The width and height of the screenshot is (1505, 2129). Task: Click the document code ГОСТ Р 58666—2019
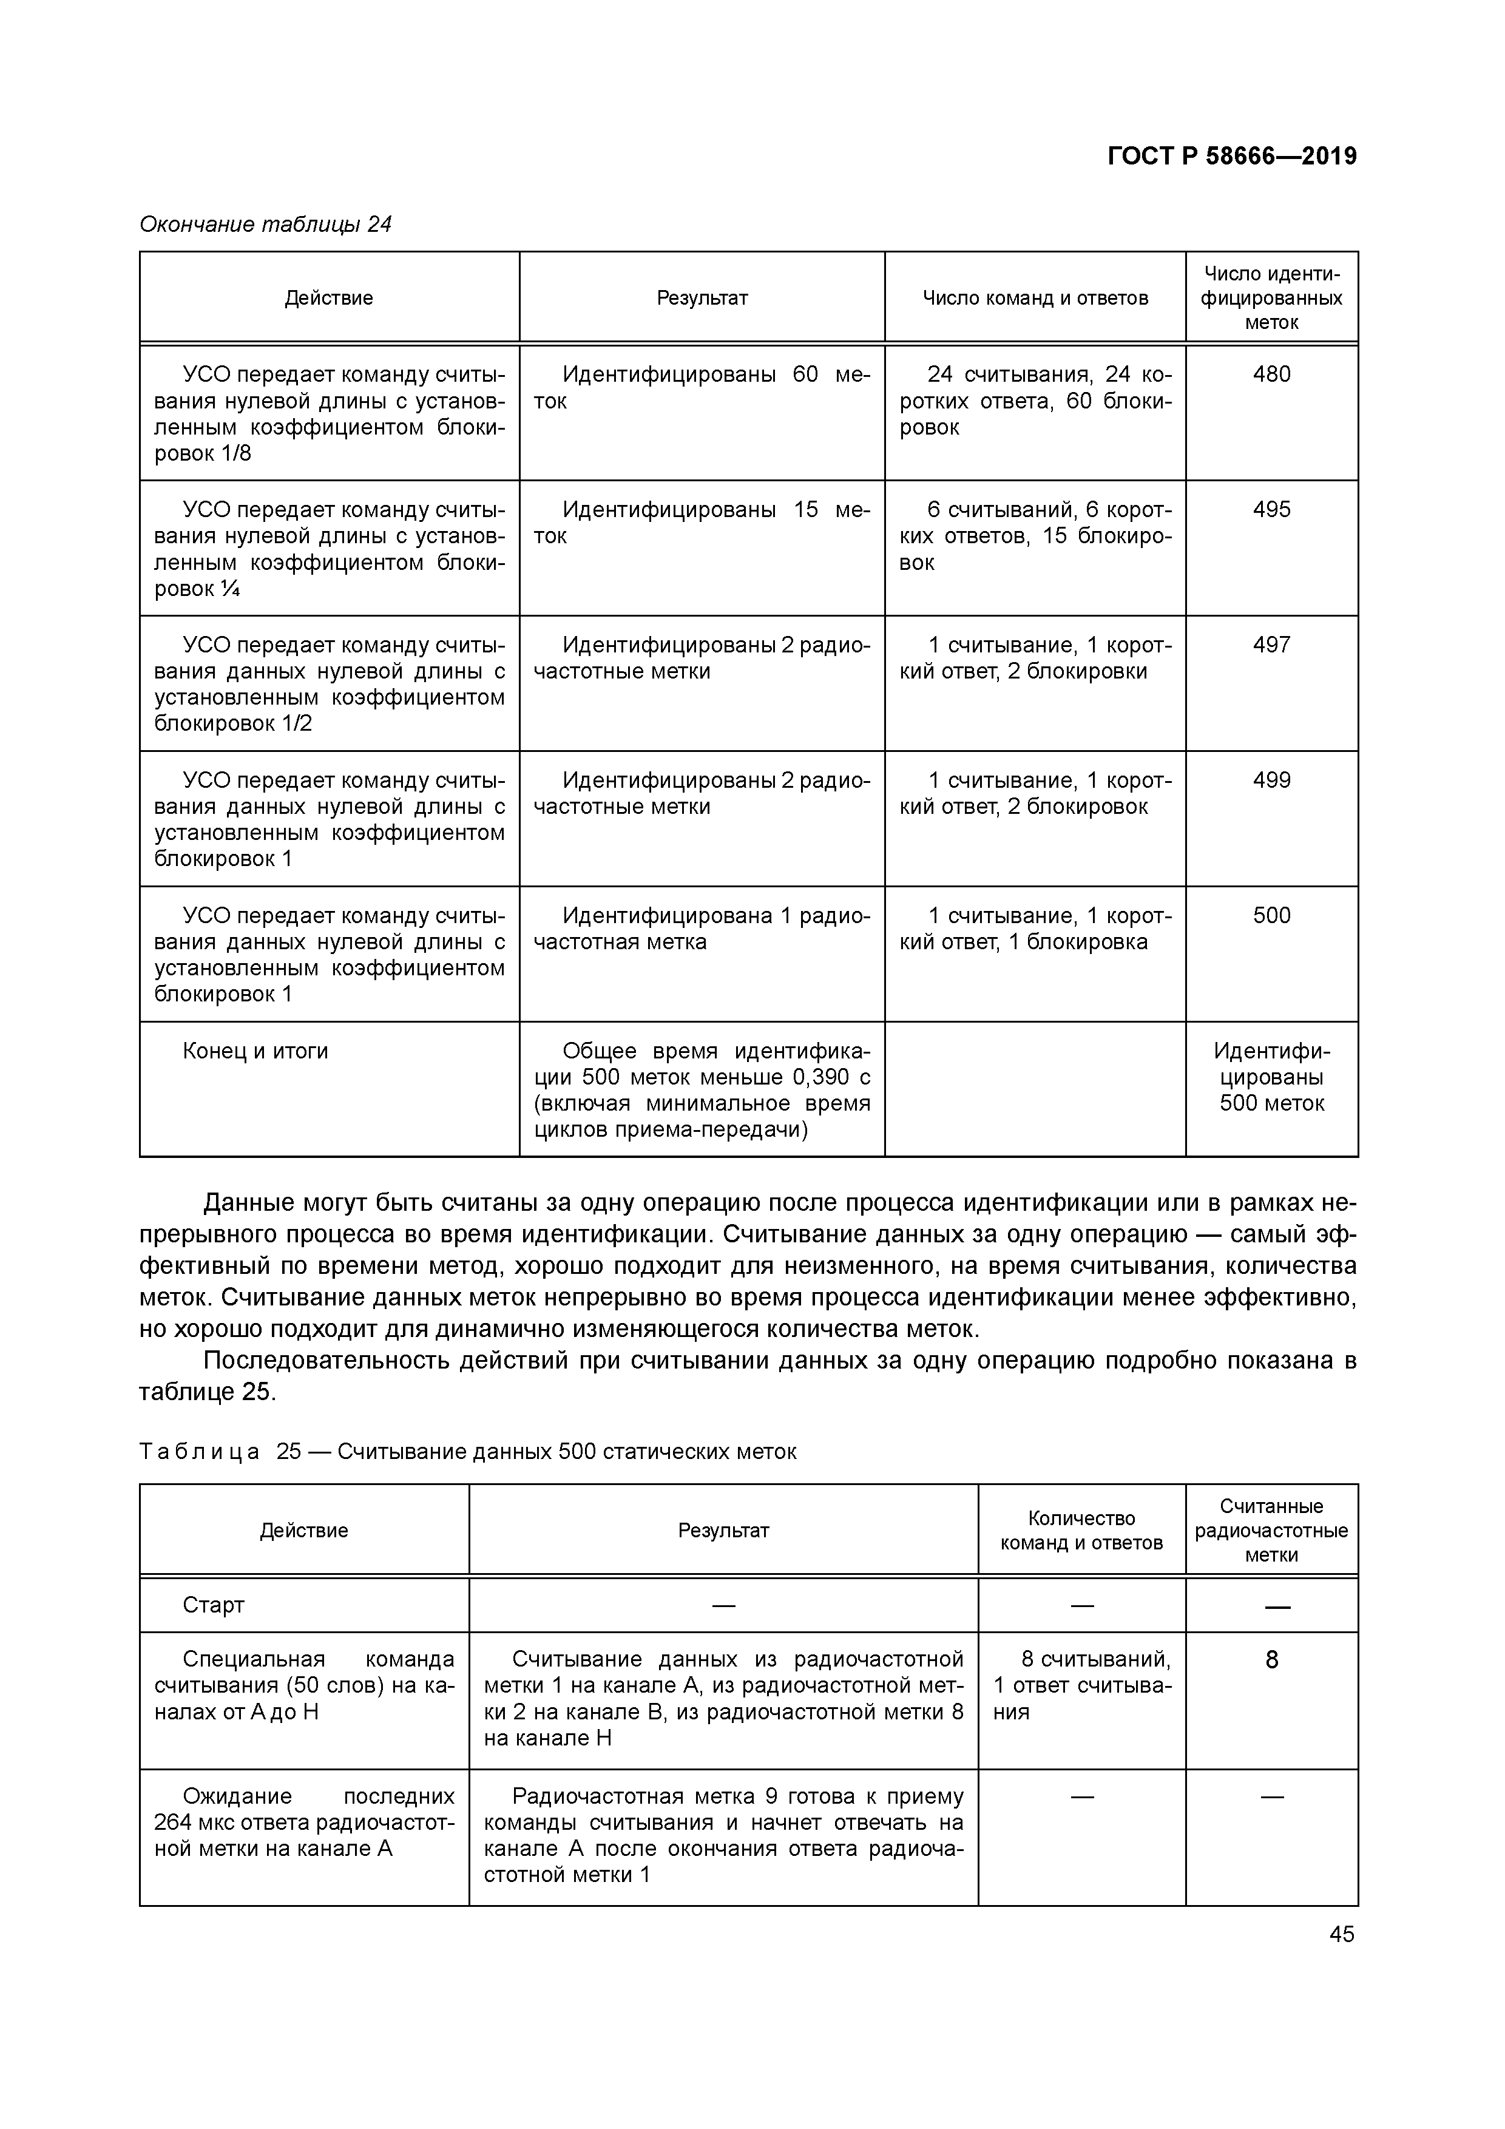(1231, 156)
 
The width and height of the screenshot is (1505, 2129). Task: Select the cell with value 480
(1271, 374)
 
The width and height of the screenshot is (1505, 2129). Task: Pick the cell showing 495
(1271, 510)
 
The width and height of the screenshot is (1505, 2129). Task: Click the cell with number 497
(1271, 645)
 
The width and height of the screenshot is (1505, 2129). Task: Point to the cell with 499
(1271, 780)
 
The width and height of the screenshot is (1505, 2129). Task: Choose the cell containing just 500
(1271, 916)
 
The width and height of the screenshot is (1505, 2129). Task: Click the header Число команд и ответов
(1035, 299)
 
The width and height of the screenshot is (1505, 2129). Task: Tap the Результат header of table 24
(702, 299)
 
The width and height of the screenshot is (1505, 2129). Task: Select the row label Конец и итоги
(256, 1052)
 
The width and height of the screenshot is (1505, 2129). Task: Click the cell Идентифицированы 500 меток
(1271, 1077)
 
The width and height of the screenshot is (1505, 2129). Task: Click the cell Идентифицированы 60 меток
(702, 388)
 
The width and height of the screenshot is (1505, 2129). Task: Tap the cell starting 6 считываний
(1035, 536)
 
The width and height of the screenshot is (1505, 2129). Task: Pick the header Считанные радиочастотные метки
(1271, 1531)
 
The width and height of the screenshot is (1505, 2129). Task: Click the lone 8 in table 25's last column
(1271, 1660)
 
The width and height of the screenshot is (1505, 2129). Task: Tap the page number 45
(1342, 1934)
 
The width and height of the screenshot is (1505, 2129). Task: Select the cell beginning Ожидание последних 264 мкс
(304, 1823)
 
